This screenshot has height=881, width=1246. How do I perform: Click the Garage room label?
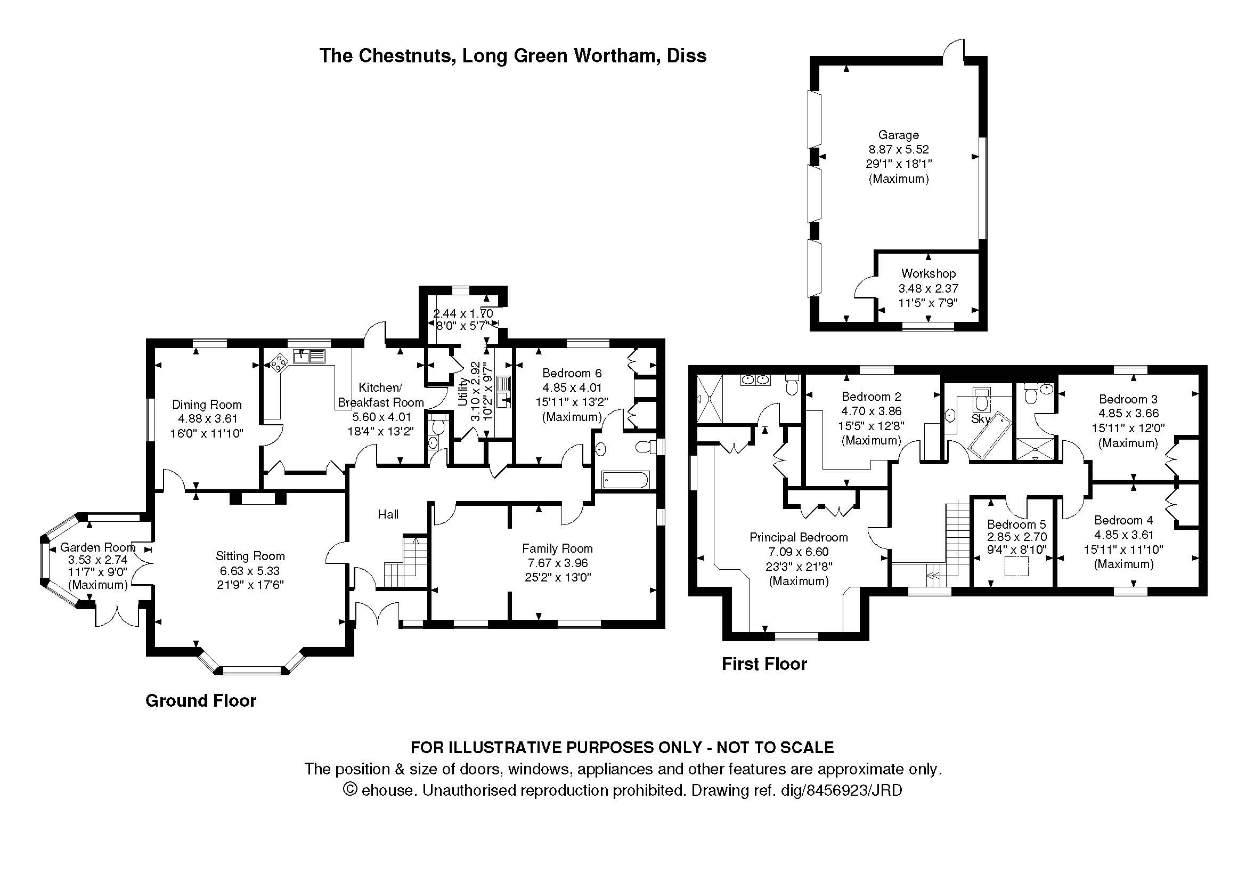pos(898,135)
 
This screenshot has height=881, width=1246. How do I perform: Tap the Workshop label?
pos(928,273)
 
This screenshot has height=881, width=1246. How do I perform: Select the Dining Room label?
pos(207,405)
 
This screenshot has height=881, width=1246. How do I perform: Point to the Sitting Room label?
pos(250,556)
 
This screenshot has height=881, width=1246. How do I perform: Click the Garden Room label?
pos(97,547)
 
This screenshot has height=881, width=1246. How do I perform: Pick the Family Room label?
pos(557,548)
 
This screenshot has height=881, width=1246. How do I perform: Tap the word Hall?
pos(388,514)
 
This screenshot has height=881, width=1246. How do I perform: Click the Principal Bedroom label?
pos(799,537)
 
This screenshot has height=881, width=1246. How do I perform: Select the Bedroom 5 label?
pos(1016,524)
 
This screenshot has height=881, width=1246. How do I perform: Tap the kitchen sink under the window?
pos(309,356)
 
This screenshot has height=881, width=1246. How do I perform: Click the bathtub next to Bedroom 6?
pos(624,480)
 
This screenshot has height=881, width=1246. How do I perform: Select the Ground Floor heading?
pos(201,701)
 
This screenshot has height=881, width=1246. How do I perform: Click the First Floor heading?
pos(764,664)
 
